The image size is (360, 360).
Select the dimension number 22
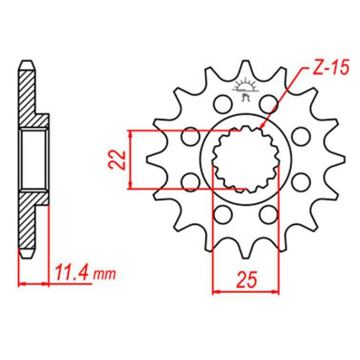point(116,160)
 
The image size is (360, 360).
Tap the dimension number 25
point(245,278)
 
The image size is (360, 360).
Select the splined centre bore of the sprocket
point(245,160)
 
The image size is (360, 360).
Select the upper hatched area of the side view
point(29,95)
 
